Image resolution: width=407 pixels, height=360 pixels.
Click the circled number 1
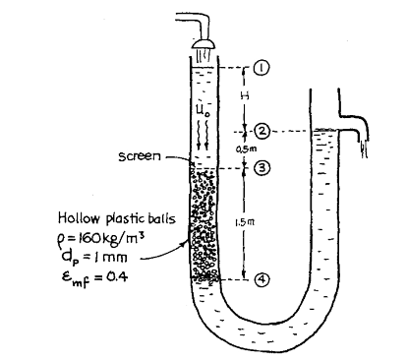pyautogui.click(x=260, y=67)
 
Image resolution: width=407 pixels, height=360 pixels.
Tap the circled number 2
pyautogui.click(x=261, y=131)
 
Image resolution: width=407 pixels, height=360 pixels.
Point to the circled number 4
pyautogui.click(x=261, y=279)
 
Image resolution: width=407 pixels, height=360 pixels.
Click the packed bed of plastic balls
pyautogui.click(x=202, y=226)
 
